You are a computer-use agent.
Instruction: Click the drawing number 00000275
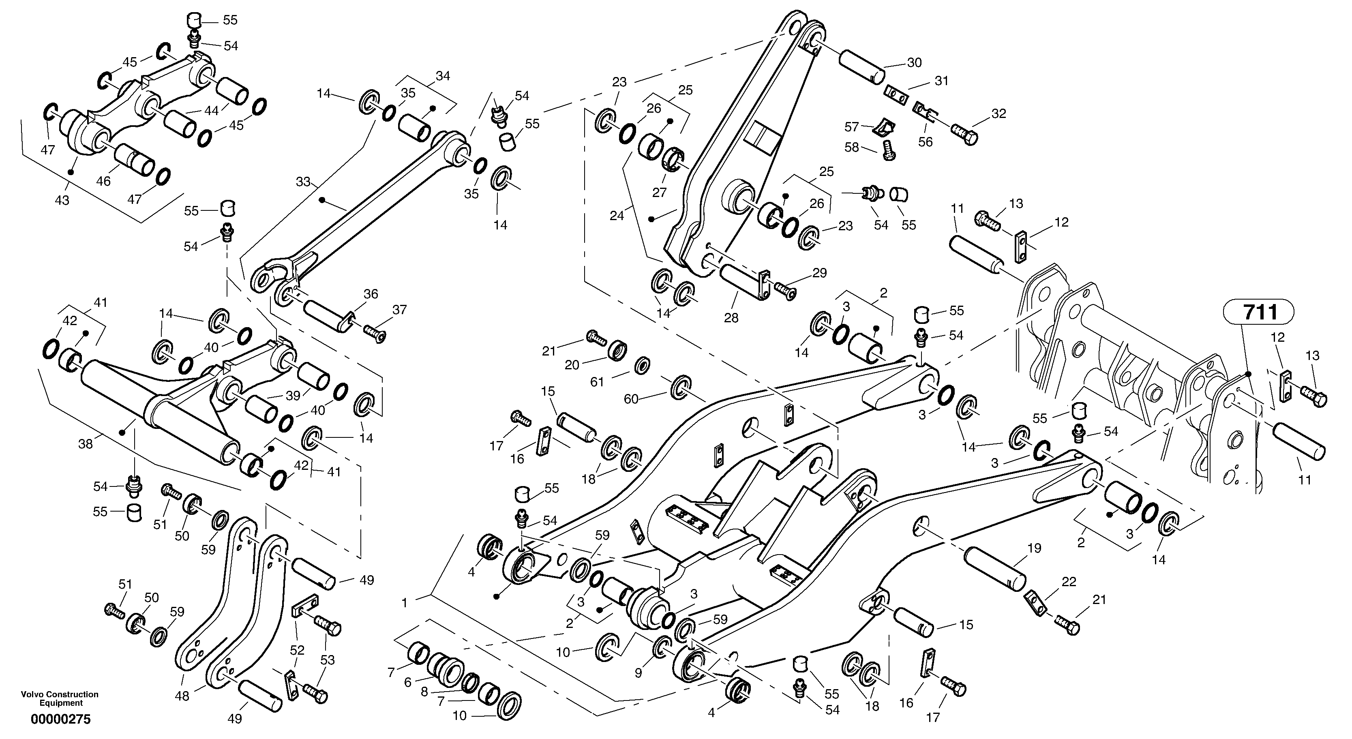click(60, 719)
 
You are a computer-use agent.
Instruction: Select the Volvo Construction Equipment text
click(60, 698)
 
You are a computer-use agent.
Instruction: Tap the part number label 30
click(914, 62)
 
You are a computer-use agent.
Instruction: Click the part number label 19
click(1034, 548)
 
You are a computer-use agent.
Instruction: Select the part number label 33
click(303, 182)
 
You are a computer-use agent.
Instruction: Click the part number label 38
click(85, 444)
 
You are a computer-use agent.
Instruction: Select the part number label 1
click(404, 603)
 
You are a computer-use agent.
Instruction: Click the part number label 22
click(1069, 582)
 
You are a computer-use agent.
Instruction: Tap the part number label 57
click(851, 126)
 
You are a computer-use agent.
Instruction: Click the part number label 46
click(103, 181)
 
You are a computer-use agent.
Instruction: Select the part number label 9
click(638, 673)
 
